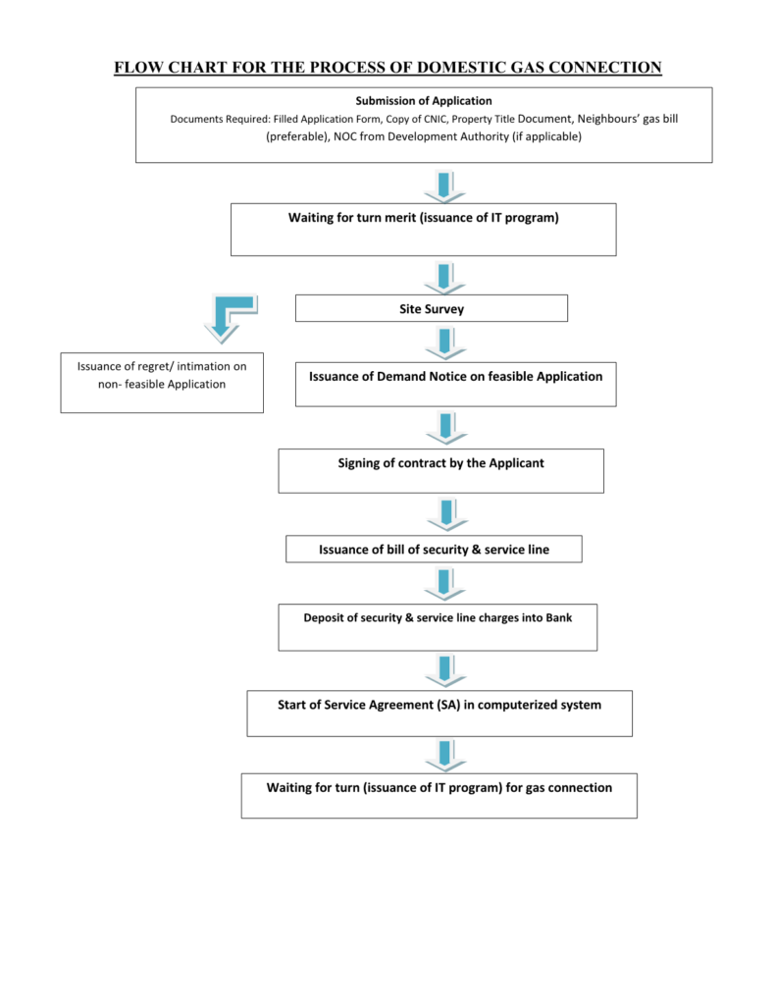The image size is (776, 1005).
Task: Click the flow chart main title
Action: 388,67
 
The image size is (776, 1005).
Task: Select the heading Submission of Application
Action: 424,101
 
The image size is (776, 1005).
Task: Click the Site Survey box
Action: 431,309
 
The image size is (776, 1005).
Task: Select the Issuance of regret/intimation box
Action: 162,383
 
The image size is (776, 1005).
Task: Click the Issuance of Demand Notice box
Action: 455,384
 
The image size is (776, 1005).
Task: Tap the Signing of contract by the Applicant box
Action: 440,470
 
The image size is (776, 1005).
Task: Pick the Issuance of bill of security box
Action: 434,550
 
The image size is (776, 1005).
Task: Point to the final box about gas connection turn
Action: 439,795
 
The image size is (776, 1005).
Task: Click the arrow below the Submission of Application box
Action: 444,185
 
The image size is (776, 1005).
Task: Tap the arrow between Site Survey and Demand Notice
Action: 444,343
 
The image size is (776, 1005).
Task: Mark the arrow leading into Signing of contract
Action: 444,427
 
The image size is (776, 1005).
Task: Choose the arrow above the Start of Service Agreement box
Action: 444,670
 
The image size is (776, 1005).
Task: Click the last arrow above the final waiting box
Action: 444,754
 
